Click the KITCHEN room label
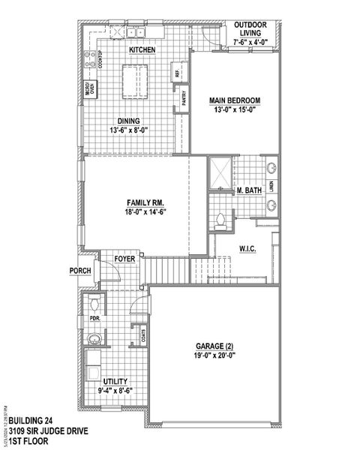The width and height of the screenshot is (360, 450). click(142, 49)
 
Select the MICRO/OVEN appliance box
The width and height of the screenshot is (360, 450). click(88, 87)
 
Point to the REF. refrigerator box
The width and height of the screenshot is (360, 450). click(178, 73)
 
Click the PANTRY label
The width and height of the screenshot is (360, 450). click(184, 98)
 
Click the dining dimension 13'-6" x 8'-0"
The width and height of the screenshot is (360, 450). click(128, 130)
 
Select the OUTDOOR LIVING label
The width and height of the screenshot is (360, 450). click(250, 27)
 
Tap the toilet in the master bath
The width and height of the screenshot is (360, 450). click(220, 220)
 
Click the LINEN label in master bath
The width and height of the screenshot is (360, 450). click(271, 185)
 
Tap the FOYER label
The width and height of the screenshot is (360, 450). click(124, 259)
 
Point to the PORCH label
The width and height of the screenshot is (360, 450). click(79, 271)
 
